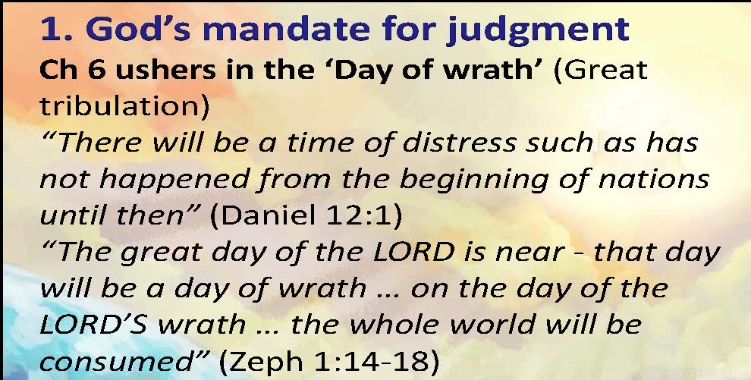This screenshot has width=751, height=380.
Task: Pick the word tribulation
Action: [x=124, y=106]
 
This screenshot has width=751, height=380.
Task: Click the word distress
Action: [x=460, y=143]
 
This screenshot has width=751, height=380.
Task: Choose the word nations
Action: [x=654, y=179]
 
